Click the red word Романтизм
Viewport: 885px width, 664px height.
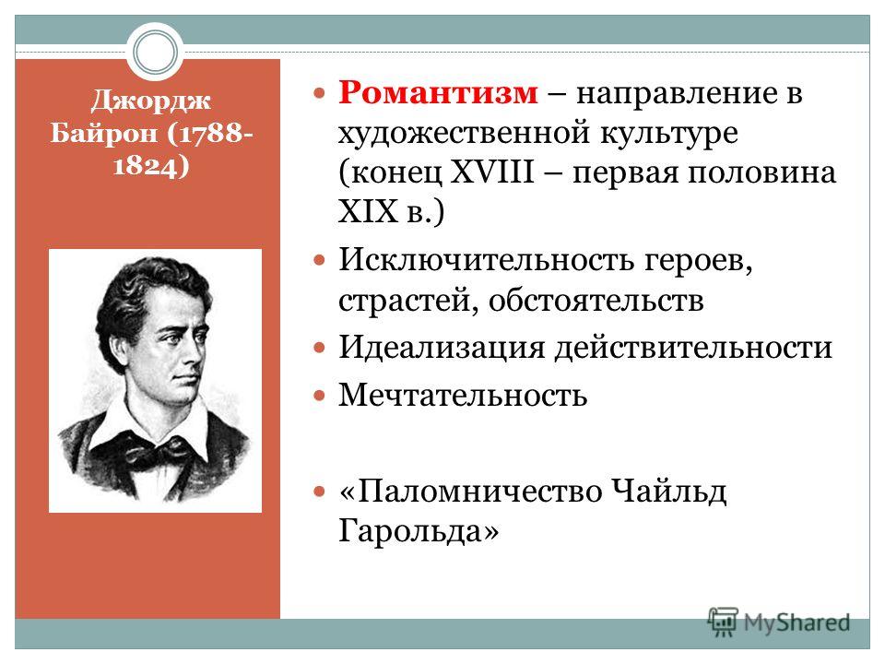click(x=438, y=92)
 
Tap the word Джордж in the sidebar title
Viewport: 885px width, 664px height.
click(x=150, y=101)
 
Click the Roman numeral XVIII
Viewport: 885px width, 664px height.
click(x=492, y=172)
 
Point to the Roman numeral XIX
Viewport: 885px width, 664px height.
click(x=368, y=211)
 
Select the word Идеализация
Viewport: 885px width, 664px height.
click(x=442, y=348)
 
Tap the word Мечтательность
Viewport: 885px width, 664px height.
click(x=463, y=395)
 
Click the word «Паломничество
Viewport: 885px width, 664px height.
click(x=471, y=491)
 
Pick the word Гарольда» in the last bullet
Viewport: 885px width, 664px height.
click(x=419, y=530)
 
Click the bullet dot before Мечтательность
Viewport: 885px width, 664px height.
click(x=320, y=396)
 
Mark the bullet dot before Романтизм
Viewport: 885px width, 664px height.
click(x=320, y=92)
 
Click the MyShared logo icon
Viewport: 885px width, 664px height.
click(x=723, y=622)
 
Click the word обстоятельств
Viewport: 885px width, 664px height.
click(x=596, y=301)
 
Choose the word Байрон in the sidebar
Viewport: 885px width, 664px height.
click(x=103, y=133)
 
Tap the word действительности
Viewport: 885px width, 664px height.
click(x=693, y=348)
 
